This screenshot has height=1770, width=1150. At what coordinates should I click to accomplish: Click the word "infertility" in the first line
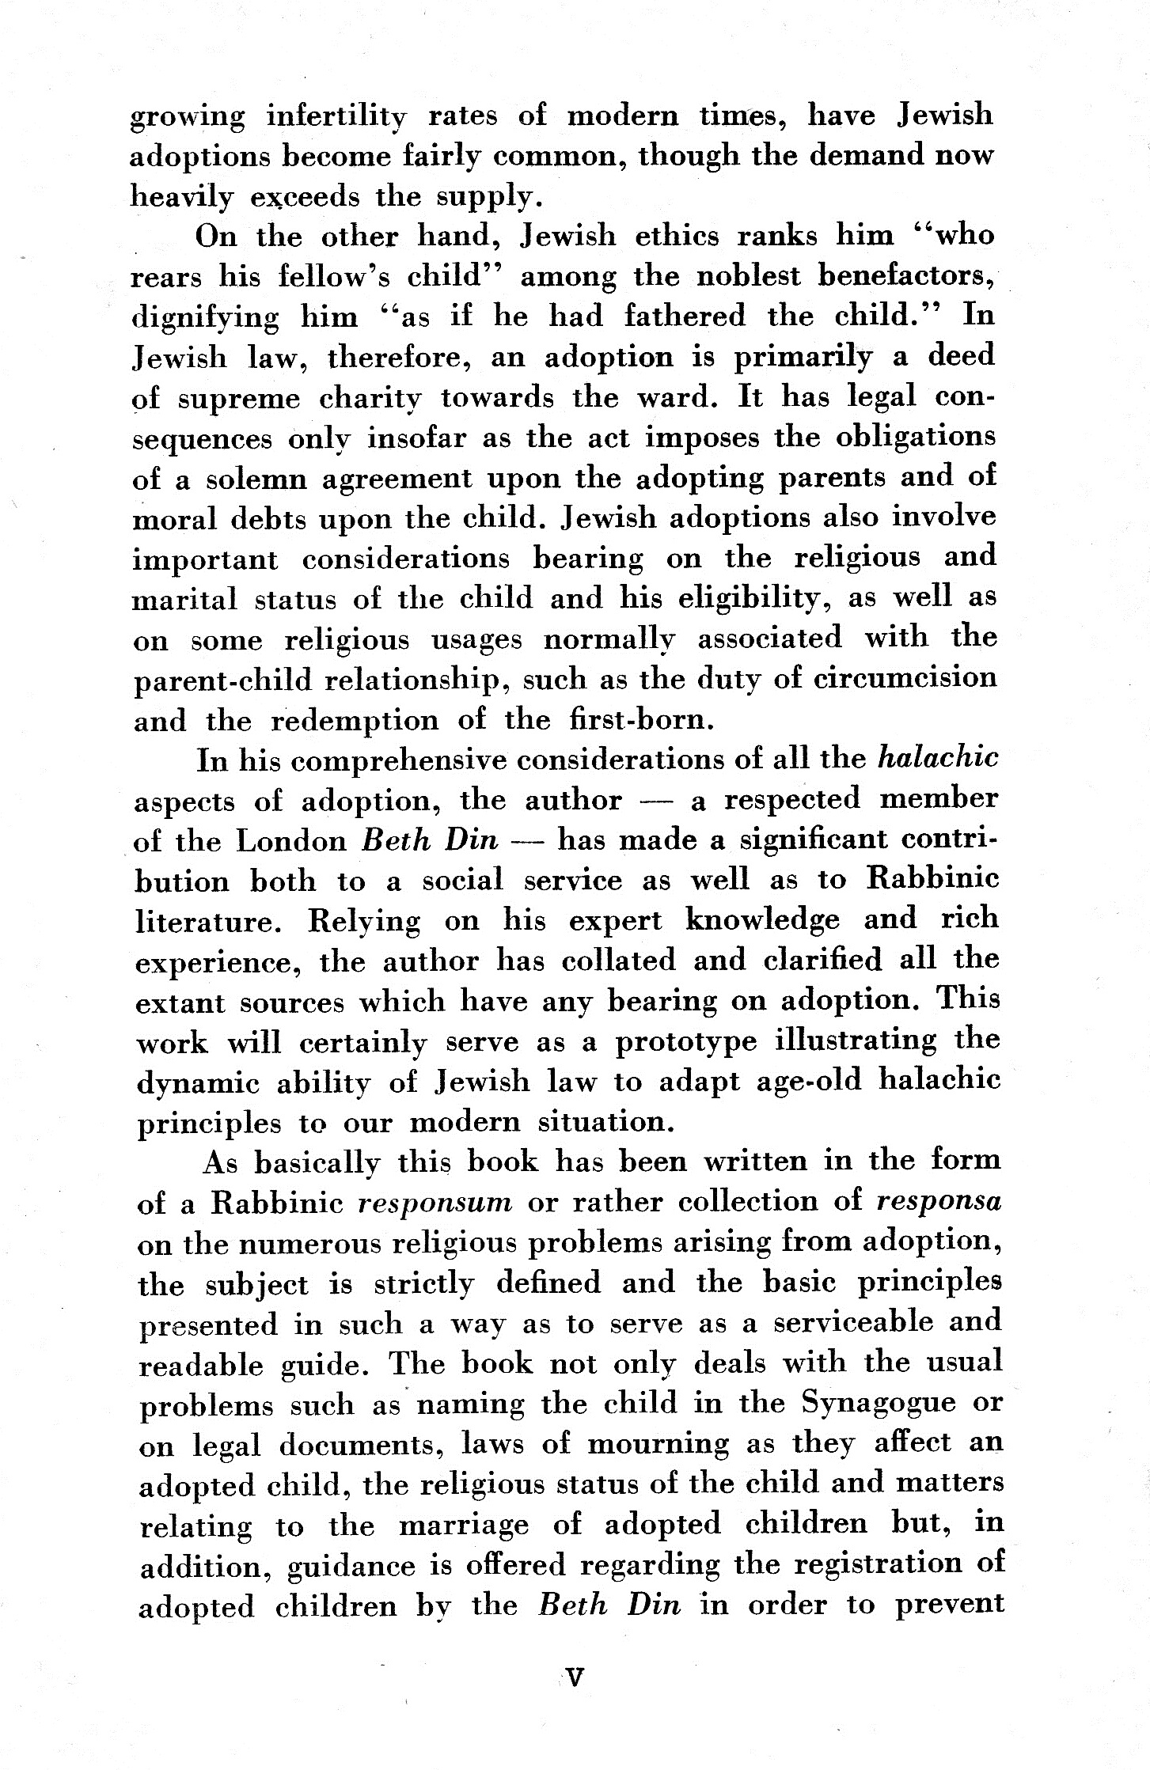336,117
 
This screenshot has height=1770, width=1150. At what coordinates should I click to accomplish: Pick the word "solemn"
238,479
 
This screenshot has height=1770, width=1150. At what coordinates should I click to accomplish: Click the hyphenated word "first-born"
636,720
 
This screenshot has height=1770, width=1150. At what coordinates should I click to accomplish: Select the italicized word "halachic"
938,760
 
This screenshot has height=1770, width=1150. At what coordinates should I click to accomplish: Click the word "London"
292,841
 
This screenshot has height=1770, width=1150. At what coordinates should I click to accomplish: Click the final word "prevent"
948,1605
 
